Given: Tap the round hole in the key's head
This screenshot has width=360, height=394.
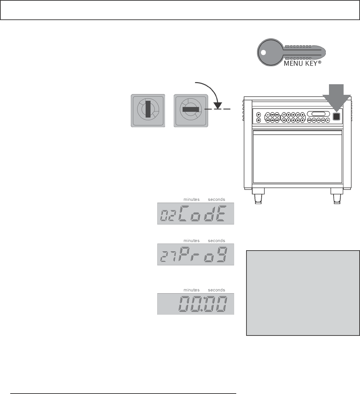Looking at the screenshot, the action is tap(263, 53).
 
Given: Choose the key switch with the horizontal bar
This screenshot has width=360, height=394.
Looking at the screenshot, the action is tap(190, 110).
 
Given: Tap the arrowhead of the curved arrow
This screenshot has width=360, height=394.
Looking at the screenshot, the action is tap(218, 105).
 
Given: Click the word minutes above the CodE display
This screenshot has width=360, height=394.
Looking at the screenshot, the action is tap(191, 199).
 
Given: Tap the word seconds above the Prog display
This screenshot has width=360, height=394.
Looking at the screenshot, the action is tap(216, 241).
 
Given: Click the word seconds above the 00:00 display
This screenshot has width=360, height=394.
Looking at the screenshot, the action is tap(216, 290).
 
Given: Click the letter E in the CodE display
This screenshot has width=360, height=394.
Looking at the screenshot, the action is tap(221, 213).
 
